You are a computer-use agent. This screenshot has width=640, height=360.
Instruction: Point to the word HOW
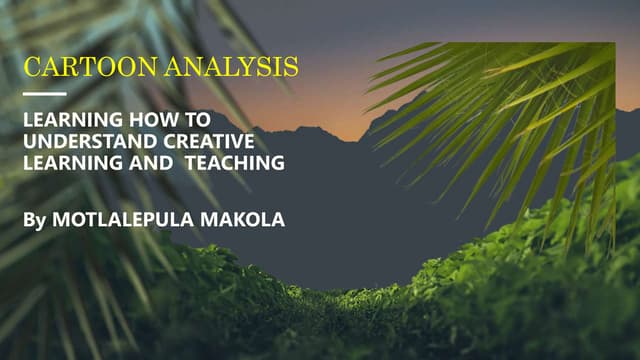pyautogui.click(x=148, y=119)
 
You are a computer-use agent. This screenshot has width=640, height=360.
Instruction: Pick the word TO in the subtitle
pyautogui.click(x=197, y=119)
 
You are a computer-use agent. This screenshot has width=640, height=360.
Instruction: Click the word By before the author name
pyautogui.click(x=33, y=219)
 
